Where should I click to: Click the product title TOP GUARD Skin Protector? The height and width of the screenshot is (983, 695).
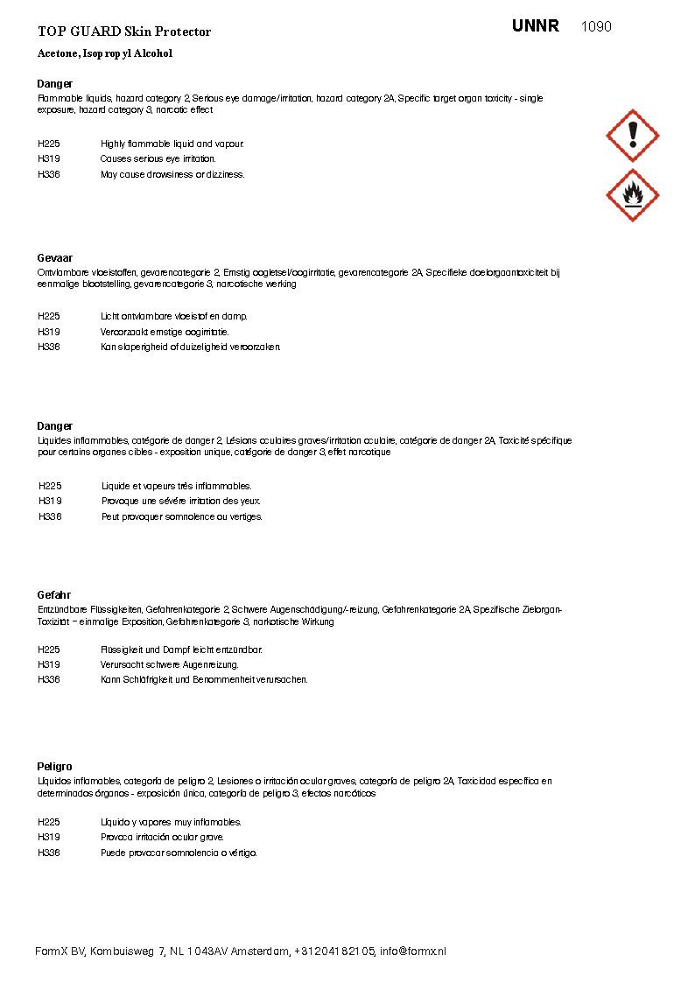tap(124, 32)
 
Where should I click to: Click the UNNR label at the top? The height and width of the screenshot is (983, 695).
tap(536, 26)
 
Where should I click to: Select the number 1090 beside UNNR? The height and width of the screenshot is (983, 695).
tap(596, 26)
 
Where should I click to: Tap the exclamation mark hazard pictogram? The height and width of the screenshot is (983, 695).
tap(632, 136)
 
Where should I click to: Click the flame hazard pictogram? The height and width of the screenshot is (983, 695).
tap(632, 195)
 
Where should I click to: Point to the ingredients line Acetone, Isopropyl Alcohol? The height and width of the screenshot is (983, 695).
tap(105, 53)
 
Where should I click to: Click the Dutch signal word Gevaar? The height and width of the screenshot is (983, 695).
tap(55, 258)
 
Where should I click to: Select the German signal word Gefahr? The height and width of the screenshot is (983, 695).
tap(54, 595)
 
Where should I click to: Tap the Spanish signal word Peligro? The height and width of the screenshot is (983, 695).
tap(55, 767)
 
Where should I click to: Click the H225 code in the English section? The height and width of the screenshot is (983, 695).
tap(49, 144)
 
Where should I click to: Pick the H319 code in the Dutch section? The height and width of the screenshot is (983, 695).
tap(49, 332)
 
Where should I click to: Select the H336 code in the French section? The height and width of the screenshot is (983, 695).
tap(50, 516)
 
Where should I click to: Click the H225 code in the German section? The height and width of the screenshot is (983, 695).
tap(49, 649)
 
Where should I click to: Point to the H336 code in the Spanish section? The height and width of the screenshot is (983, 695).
tap(49, 853)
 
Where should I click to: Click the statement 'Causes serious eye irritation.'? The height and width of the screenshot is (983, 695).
tap(158, 159)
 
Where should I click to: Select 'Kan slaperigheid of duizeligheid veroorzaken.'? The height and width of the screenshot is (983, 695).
tap(191, 347)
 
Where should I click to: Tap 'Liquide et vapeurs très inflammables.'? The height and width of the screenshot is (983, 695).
tap(177, 486)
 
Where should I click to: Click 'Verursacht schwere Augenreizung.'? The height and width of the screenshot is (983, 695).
tap(170, 664)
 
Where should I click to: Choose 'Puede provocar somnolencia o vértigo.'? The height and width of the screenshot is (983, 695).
tap(179, 853)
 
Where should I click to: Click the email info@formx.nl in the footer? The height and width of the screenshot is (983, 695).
tap(413, 951)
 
